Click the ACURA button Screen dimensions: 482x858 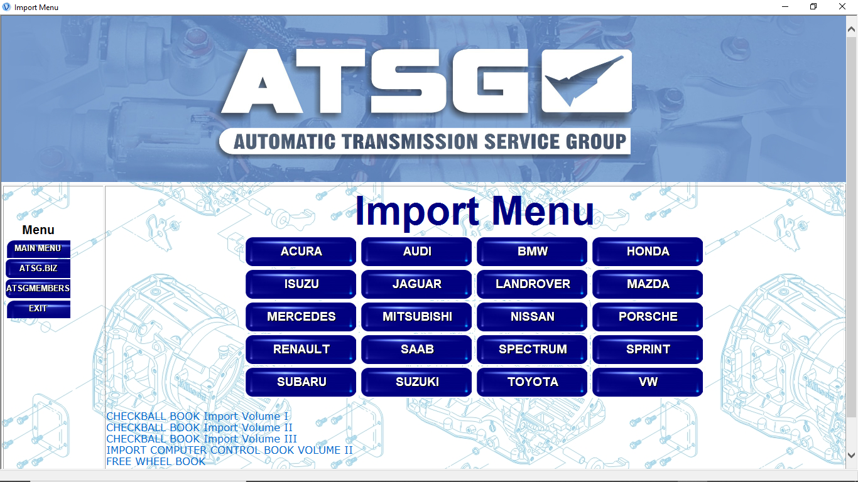[301, 252]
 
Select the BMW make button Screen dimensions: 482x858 [532, 252]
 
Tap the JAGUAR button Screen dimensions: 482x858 [416, 284]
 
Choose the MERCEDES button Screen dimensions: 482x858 [301, 317]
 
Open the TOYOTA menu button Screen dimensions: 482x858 [532, 382]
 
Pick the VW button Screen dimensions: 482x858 [648, 382]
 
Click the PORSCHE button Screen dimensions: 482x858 [648, 317]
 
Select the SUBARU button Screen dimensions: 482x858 [301, 382]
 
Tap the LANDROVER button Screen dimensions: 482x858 [532, 284]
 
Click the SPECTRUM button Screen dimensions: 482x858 [532, 350]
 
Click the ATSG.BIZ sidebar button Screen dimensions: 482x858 [38, 269]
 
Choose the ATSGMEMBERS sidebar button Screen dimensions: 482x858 [38, 289]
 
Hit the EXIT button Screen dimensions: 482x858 [38, 309]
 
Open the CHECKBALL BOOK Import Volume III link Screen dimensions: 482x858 [202, 439]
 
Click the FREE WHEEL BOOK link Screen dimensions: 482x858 [156, 461]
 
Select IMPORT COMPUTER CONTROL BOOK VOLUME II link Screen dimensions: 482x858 [229, 450]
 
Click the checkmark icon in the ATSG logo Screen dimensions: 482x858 [586, 80]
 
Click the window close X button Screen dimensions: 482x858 [842, 7]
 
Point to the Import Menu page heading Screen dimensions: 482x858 [474, 211]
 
